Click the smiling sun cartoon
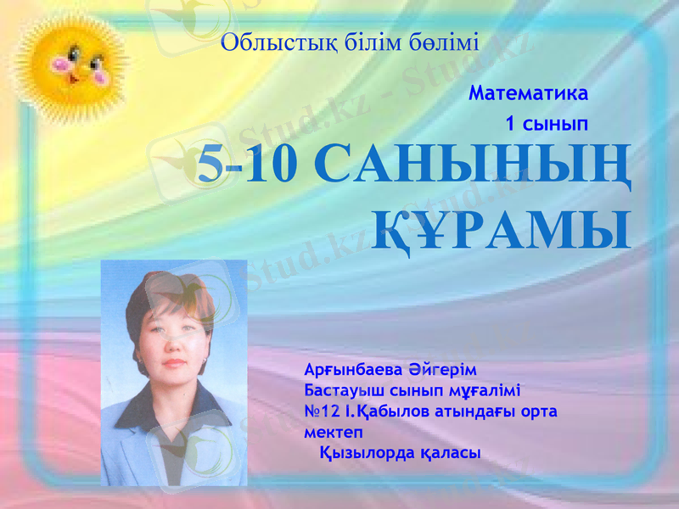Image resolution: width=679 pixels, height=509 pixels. pyautogui.click(x=71, y=67)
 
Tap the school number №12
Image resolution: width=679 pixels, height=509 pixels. pyautogui.click(x=322, y=411)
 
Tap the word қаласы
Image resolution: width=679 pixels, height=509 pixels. pyautogui.click(x=450, y=453)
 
